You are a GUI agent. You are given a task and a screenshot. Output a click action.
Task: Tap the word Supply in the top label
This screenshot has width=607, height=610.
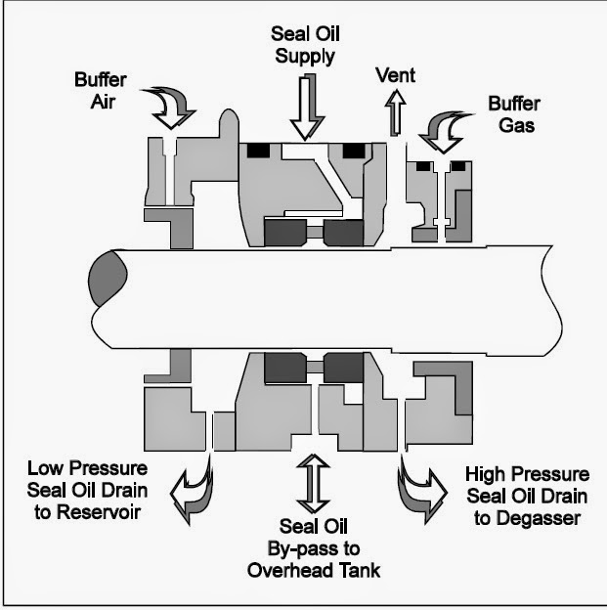click(x=306, y=55)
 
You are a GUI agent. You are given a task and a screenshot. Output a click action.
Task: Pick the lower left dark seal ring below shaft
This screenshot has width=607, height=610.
click(x=284, y=367)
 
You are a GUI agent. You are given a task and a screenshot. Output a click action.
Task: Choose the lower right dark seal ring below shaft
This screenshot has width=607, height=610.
click(x=344, y=367)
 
